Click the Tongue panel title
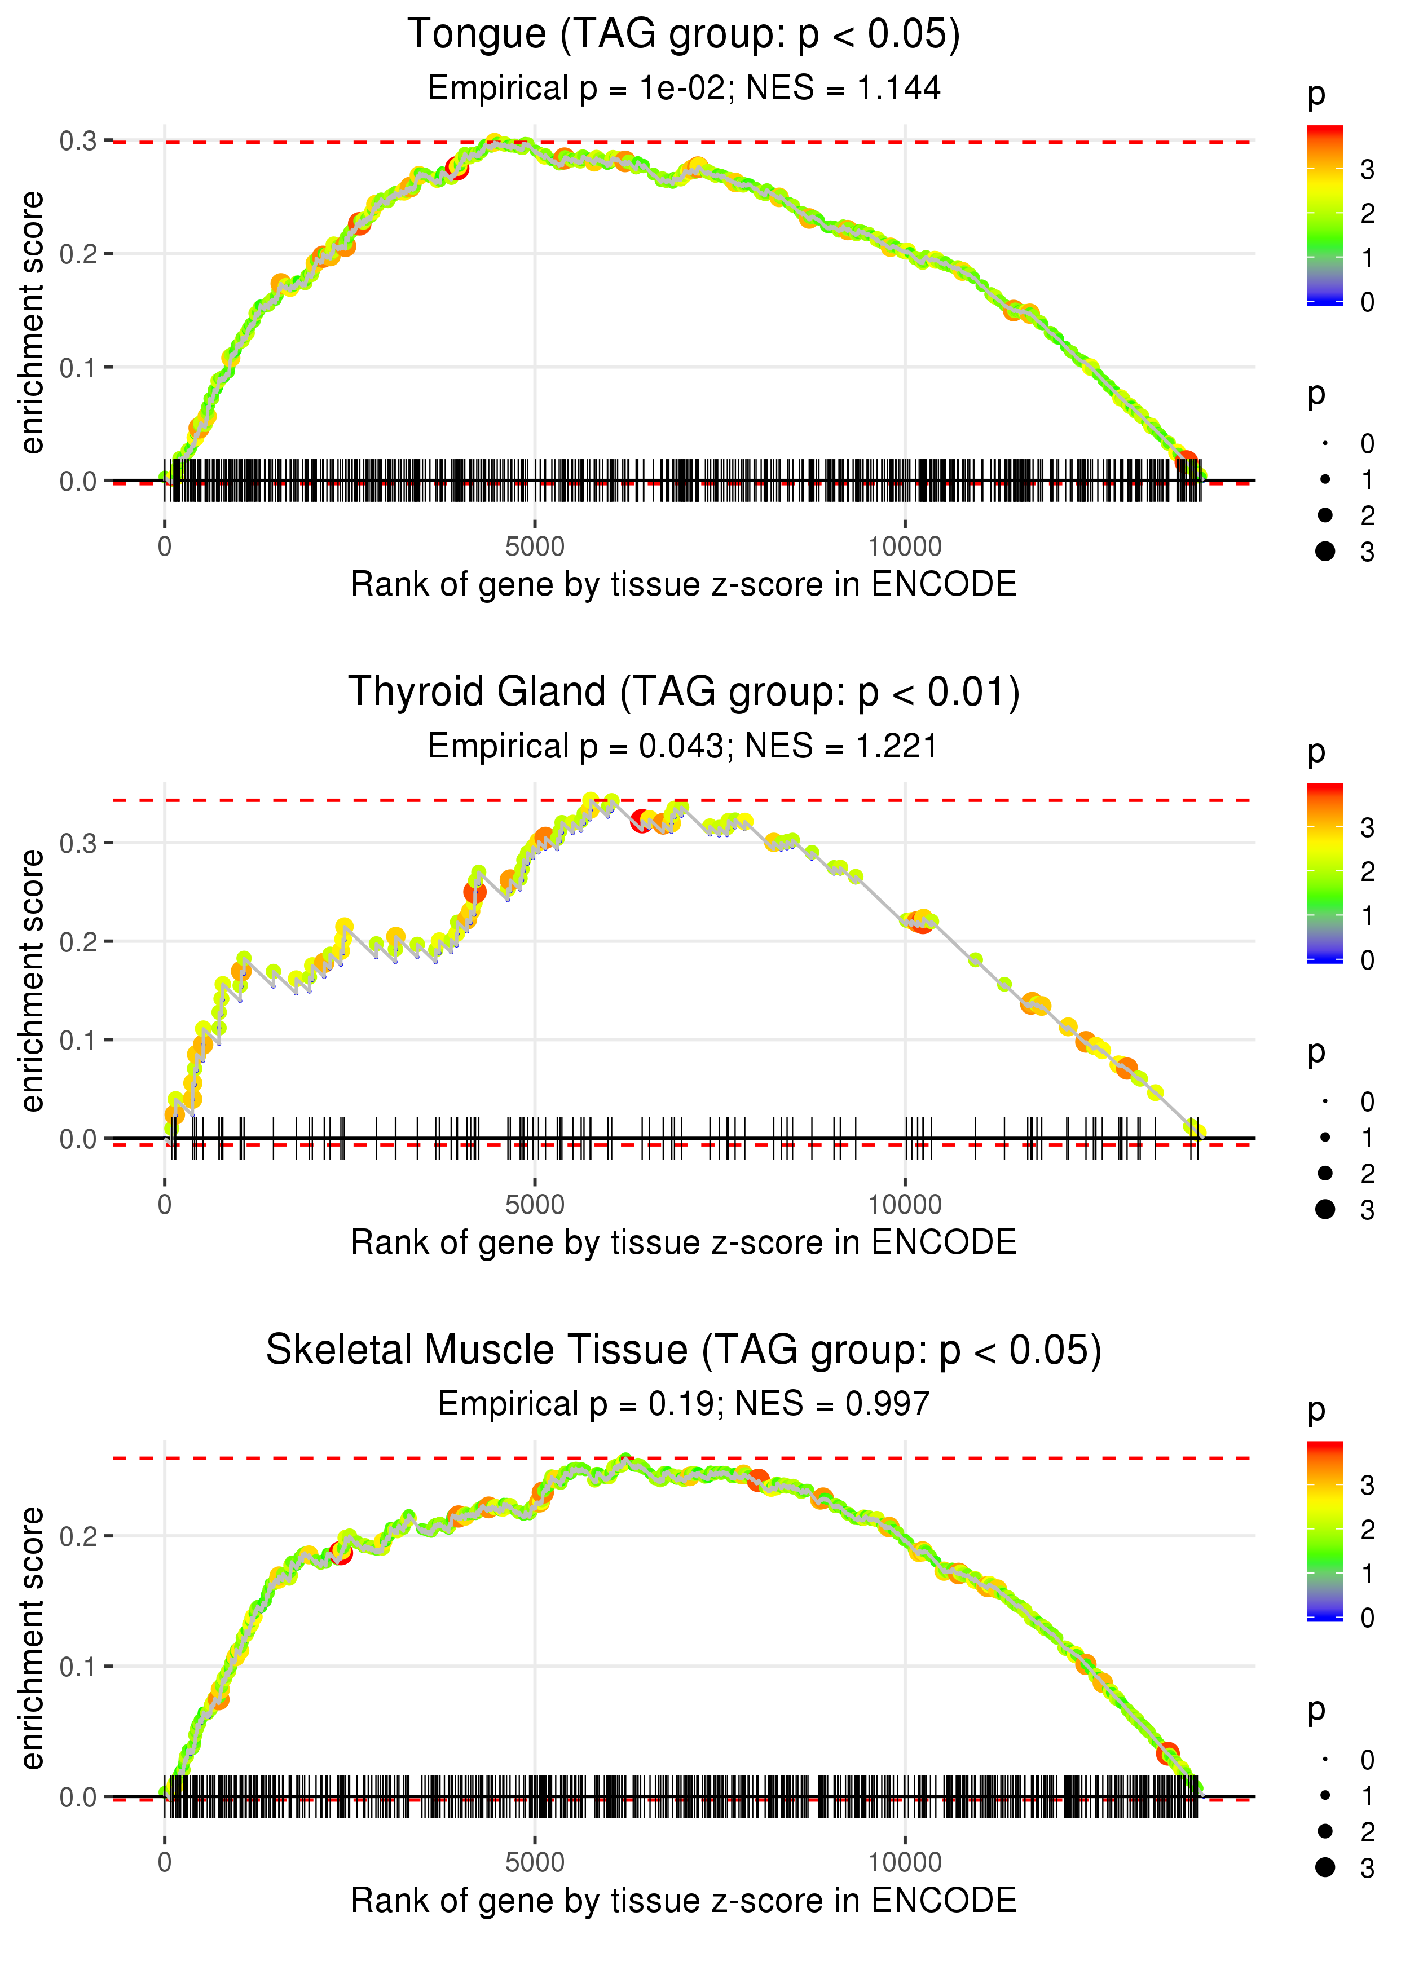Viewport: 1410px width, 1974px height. [x=684, y=35]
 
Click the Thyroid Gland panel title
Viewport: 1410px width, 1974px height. [x=684, y=693]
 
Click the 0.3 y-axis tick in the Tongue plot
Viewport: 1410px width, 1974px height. [x=78, y=140]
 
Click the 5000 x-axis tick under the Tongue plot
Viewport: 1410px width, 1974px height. [x=535, y=547]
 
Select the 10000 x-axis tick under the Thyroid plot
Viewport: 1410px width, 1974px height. [x=905, y=1205]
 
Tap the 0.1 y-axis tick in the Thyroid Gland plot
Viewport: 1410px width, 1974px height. [x=78, y=1040]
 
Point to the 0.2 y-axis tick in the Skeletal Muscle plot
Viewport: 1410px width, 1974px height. [x=78, y=1536]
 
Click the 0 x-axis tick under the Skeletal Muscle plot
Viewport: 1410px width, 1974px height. [x=165, y=1863]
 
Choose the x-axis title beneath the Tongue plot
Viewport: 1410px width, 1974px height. [x=684, y=585]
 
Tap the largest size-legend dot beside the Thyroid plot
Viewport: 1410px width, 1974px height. [x=1325, y=1209]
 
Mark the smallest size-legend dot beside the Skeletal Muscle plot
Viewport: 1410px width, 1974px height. [x=1325, y=1760]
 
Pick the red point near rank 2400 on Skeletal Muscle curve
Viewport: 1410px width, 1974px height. [x=341, y=1554]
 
